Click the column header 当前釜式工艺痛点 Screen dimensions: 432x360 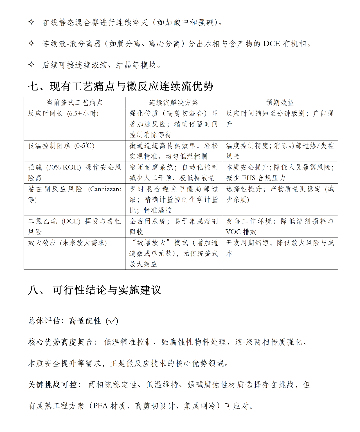coord(75,103)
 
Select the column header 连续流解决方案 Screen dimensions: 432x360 coord(173,103)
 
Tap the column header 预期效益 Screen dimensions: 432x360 coord(280,103)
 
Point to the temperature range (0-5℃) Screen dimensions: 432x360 coord(84,146)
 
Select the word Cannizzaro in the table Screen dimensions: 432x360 coord(105,189)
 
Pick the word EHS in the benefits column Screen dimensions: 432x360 coord(249,178)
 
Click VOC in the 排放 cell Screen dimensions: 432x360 coord(233,232)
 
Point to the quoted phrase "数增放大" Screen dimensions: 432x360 coord(151,243)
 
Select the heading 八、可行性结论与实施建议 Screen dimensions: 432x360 coord(95,290)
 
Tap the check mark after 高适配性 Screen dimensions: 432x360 coord(112,321)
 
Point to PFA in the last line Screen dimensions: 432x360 coord(100,406)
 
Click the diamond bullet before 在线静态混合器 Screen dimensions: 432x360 coord(31,22)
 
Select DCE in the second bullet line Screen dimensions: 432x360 coord(271,44)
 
